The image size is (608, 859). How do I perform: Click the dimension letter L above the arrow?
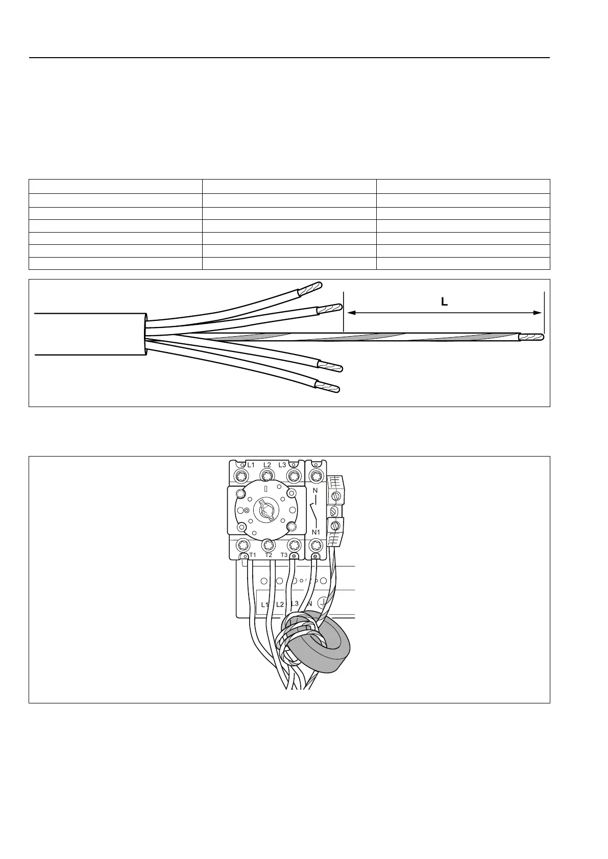click(x=444, y=302)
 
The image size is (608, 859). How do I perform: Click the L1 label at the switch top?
click(x=251, y=465)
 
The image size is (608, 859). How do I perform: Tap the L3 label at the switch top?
click(x=282, y=465)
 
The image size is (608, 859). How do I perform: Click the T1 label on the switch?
click(x=252, y=555)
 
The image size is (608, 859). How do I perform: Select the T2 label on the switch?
click(x=269, y=555)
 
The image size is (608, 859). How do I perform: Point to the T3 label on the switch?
click(x=284, y=555)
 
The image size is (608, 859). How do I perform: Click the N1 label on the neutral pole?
click(x=316, y=533)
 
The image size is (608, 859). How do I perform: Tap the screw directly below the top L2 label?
click(x=267, y=476)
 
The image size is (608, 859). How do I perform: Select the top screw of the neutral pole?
click(x=316, y=476)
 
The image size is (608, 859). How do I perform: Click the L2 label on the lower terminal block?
click(x=280, y=604)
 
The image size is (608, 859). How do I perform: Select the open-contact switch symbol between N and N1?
click(x=314, y=511)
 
